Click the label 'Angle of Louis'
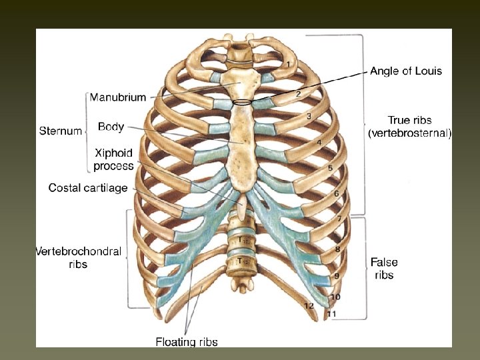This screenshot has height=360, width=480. [406, 71]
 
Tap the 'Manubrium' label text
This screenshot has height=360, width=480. [118, 97]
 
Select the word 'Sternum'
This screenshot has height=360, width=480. [61, 131]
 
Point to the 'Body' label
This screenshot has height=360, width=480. [111, 126]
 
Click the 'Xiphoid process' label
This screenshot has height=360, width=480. [113, 159]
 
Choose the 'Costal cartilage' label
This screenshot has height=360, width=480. [88, 188]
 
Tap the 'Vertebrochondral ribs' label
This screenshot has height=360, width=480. [78, 257]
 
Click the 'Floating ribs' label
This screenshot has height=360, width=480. [187, 342]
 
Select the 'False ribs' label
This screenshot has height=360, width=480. [384, 269]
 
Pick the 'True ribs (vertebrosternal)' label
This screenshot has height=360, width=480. [409, 127]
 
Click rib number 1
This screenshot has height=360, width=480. [288, 64]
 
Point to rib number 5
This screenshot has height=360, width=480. [330, 169]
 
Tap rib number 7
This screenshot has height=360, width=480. [339, 219]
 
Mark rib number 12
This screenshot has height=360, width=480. [308, 305]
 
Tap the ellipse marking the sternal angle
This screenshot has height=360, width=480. [243, 102]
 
